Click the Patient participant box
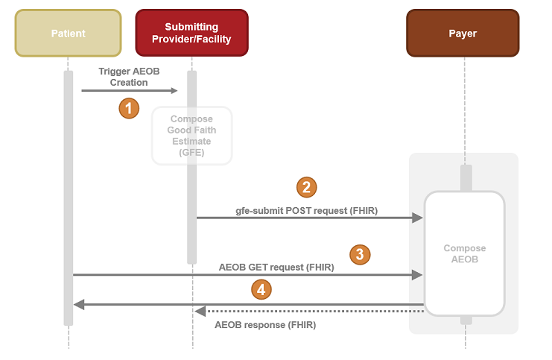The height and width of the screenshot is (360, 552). click(x=68, y=33)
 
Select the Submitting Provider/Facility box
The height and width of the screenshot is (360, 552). click(x=191, y=33)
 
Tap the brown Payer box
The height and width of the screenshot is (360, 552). click(x=463, y=33)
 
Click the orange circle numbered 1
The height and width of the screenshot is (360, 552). click(x=130, y=108)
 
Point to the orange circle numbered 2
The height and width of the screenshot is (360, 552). click(x=306, y=186)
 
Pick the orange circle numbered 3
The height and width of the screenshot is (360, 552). click(x=360, y=254)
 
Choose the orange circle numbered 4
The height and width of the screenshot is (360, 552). click(x=261, y=289)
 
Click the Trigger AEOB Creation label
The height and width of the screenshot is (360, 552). click(x=129, y=77)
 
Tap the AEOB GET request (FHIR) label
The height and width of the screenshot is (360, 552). click(x=276, y=266)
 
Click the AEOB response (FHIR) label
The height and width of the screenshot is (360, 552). click(x=265, y=325)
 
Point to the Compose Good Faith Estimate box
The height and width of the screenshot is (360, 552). click(x=191, y=136)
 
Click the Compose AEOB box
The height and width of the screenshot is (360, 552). click(x=464, y=253)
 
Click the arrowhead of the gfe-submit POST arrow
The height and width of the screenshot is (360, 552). click(x=418, y=218)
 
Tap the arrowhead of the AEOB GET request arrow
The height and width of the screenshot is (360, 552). click(x=418, y=275)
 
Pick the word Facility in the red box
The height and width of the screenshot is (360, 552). click(x=213, y=39)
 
